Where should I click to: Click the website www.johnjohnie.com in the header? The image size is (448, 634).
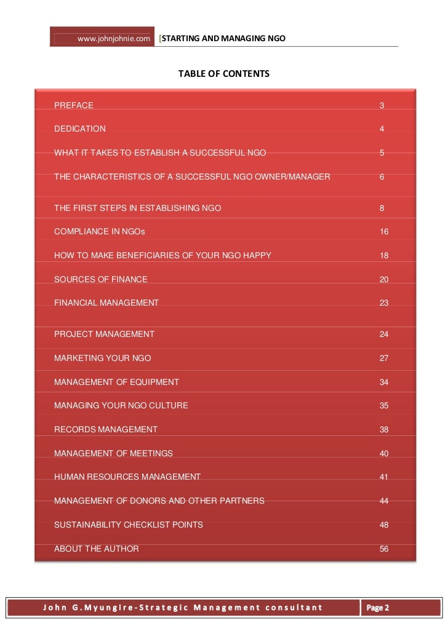point(114,40)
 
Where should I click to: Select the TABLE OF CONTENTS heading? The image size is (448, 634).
point(224,74)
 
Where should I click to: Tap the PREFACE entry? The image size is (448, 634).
point(74,105)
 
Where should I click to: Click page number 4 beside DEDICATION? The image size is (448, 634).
point(382,129)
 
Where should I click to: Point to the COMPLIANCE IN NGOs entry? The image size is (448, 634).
point(100,232)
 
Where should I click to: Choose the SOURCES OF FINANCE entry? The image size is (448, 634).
point(101,279)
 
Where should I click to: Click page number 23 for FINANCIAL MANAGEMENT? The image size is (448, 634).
point(384,303)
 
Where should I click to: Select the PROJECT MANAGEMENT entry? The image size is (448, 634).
point(104,334)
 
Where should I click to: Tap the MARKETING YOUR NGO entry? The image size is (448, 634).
point(102,358)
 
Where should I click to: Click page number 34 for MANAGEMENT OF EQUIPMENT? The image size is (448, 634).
point(384,382)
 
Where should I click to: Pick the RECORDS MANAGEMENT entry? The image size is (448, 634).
point(106,429)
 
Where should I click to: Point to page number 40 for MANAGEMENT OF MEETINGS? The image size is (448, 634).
point(384,453)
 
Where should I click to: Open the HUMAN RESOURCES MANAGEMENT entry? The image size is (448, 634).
point(127,477)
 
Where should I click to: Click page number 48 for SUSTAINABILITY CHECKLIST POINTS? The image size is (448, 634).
point(384,525)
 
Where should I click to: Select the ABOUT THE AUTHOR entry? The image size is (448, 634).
point(97,549)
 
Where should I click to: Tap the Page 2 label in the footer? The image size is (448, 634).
point(378,608)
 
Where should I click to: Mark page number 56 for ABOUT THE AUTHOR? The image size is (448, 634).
point(384,549)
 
